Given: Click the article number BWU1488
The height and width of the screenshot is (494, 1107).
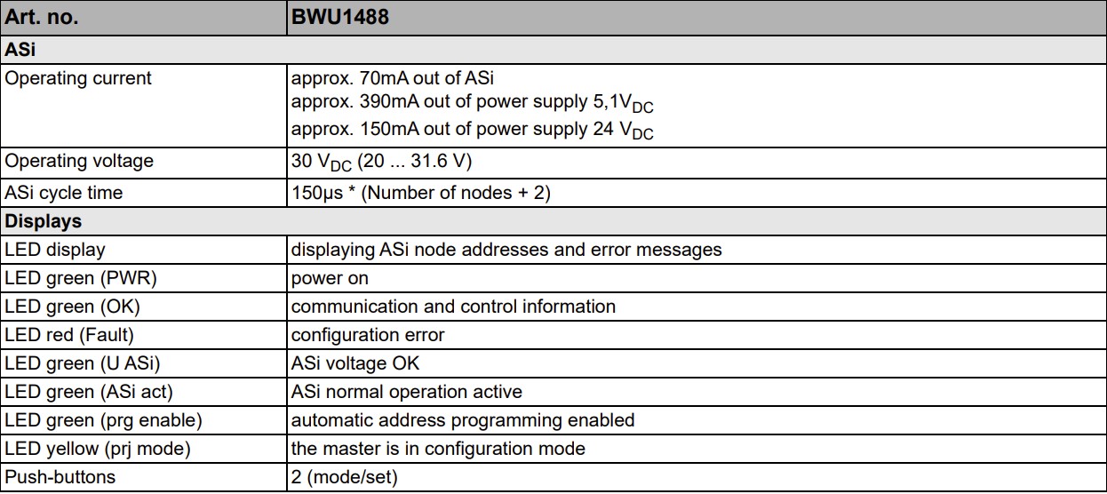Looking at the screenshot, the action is click(340, 17).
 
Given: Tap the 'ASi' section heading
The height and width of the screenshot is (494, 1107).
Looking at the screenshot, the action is click(20, 50).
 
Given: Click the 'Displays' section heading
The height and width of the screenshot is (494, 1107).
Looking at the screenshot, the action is click(43, 221).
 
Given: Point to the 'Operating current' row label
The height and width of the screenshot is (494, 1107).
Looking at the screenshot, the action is click(78, 78).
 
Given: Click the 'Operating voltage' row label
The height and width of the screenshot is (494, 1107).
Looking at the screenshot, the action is click(79, 161).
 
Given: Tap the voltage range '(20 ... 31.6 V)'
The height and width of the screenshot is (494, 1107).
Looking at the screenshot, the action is click(414, 161).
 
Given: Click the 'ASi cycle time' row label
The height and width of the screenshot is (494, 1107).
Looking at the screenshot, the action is click(63, 193).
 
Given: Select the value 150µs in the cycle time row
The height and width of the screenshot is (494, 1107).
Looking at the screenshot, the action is click(317, 193).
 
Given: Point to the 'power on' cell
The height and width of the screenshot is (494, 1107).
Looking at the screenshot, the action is click(330, 278).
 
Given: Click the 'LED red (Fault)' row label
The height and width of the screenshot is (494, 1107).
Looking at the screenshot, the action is click(69, 335).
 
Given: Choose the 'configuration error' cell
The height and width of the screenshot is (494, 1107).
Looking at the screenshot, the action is click(368, 335).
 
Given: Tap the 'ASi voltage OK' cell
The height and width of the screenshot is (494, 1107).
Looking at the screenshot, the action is click(354, 363).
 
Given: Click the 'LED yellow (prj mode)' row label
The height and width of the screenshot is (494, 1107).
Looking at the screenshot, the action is click(98, 449).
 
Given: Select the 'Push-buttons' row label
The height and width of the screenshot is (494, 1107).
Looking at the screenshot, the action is click(60, 477).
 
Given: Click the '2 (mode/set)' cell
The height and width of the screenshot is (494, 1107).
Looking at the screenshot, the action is click(345, 477).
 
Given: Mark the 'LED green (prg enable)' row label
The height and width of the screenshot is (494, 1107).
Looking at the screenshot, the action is click(103, 420).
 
